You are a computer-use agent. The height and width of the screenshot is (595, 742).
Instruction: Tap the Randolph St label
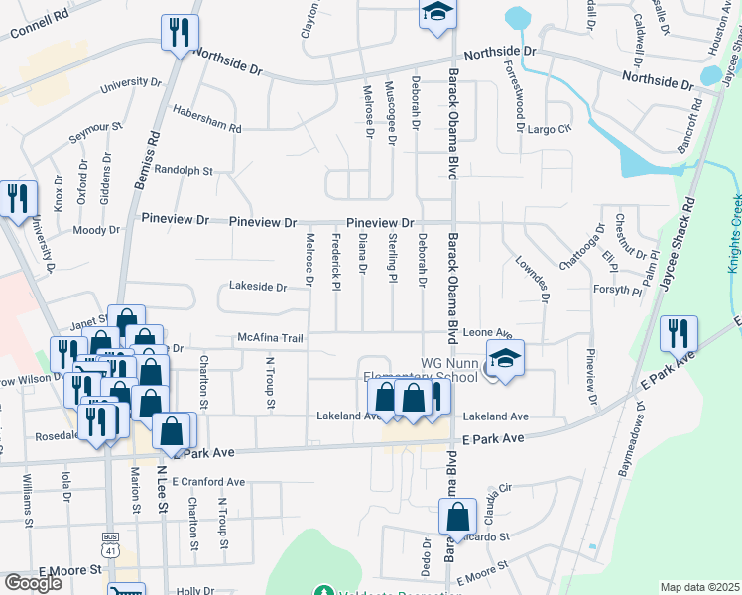pos(184,170)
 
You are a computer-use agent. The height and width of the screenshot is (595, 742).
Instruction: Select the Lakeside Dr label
pos(258,287)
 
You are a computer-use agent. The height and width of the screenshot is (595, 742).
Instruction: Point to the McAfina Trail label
pos(270,338)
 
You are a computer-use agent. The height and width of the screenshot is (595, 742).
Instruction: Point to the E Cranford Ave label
pos(207,482)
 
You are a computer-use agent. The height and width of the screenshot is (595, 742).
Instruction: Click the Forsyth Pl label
pos(619,291)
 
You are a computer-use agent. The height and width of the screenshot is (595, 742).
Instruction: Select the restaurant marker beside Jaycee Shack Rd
pos(679,334)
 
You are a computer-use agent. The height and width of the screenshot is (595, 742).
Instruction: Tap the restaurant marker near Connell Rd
pos(180,33)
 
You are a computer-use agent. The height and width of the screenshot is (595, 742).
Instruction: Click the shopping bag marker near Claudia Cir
pos(457,517)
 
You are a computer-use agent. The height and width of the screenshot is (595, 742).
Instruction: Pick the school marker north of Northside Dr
pos(434,15)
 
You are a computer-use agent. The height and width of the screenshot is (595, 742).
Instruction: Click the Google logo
pos(33,582)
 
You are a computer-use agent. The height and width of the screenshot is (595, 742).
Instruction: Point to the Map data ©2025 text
pos(698,587)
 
